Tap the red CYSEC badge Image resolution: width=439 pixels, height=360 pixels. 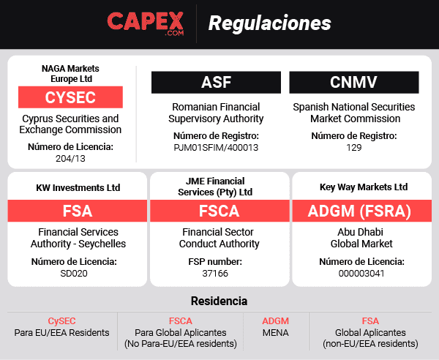coord(70,97)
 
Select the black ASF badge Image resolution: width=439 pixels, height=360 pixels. coord(216,82)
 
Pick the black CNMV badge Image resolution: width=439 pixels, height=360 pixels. coord(354,82)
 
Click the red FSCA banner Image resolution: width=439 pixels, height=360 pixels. coord(220,211)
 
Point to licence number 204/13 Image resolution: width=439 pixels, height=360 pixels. coord(70,158)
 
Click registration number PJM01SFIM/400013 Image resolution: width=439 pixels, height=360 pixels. coord(216,147)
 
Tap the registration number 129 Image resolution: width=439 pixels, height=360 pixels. coord(354,147)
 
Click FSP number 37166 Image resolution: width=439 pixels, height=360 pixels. coord(220,273)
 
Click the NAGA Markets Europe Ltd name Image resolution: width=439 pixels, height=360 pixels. coord(70,73)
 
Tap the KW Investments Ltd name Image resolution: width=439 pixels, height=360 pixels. coord(78,187)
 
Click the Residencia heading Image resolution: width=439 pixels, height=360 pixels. coord(219,301)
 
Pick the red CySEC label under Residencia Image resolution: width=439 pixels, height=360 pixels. coord(61,320)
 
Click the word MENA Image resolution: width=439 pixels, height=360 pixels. coord(276,332)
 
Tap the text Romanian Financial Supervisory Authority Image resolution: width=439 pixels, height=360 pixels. coord(216,113)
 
